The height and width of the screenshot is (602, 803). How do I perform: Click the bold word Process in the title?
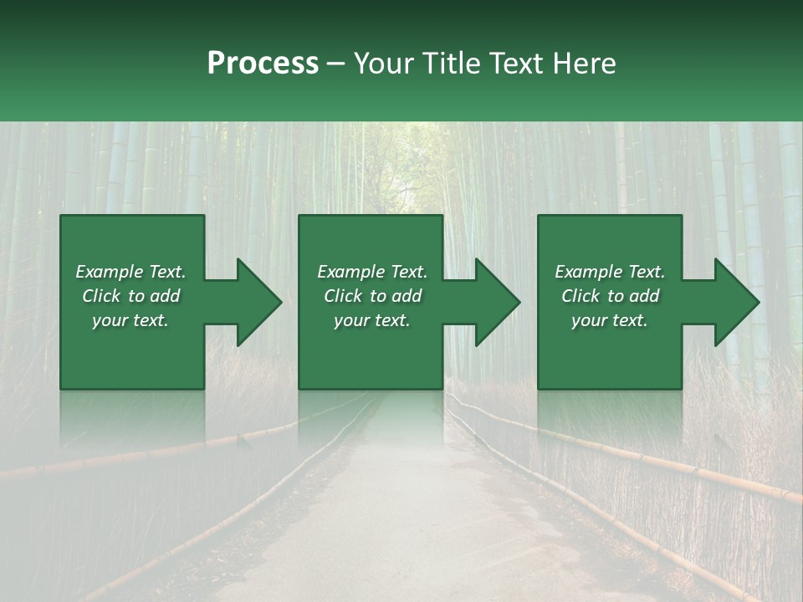click(263, 64)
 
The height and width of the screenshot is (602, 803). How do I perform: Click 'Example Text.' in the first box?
click(130, 272)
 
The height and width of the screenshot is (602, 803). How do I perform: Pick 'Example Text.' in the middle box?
click(372, 272)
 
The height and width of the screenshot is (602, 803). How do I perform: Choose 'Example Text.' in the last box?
click(610, 272)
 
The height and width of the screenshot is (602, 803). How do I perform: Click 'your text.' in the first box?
click(130, 320)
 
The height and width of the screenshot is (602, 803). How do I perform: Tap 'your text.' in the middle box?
click(372, 320)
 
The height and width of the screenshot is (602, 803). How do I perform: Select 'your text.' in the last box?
click(610, 320)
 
